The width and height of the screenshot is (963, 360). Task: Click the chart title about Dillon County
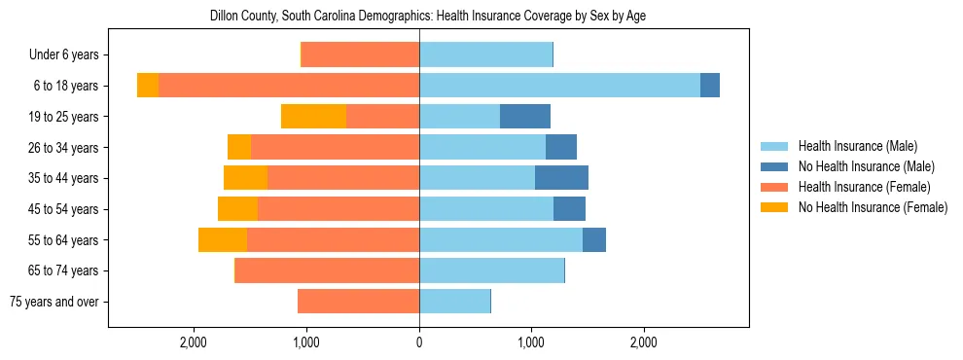[x=427, y=17]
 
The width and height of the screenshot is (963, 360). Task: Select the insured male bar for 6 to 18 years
[x=559, y=86]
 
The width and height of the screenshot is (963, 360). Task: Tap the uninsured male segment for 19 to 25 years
[x=525, y=117]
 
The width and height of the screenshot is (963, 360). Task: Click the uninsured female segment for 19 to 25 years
[x=313, y=117]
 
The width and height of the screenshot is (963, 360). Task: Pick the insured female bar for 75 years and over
[x=358, y=302]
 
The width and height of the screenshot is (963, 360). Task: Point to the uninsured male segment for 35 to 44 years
[x=561, y=178]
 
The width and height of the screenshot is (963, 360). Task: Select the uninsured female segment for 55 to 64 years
[x=223, y=240]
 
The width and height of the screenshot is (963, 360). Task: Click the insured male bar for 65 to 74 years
[x=491, y=270]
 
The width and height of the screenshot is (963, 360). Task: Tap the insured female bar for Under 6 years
[x=360, y=55]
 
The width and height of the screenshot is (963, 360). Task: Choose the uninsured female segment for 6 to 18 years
[x=148, y=86]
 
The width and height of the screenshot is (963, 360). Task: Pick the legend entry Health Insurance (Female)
[x=864, y=187]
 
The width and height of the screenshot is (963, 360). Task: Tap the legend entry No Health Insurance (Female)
[x=872, y=207]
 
